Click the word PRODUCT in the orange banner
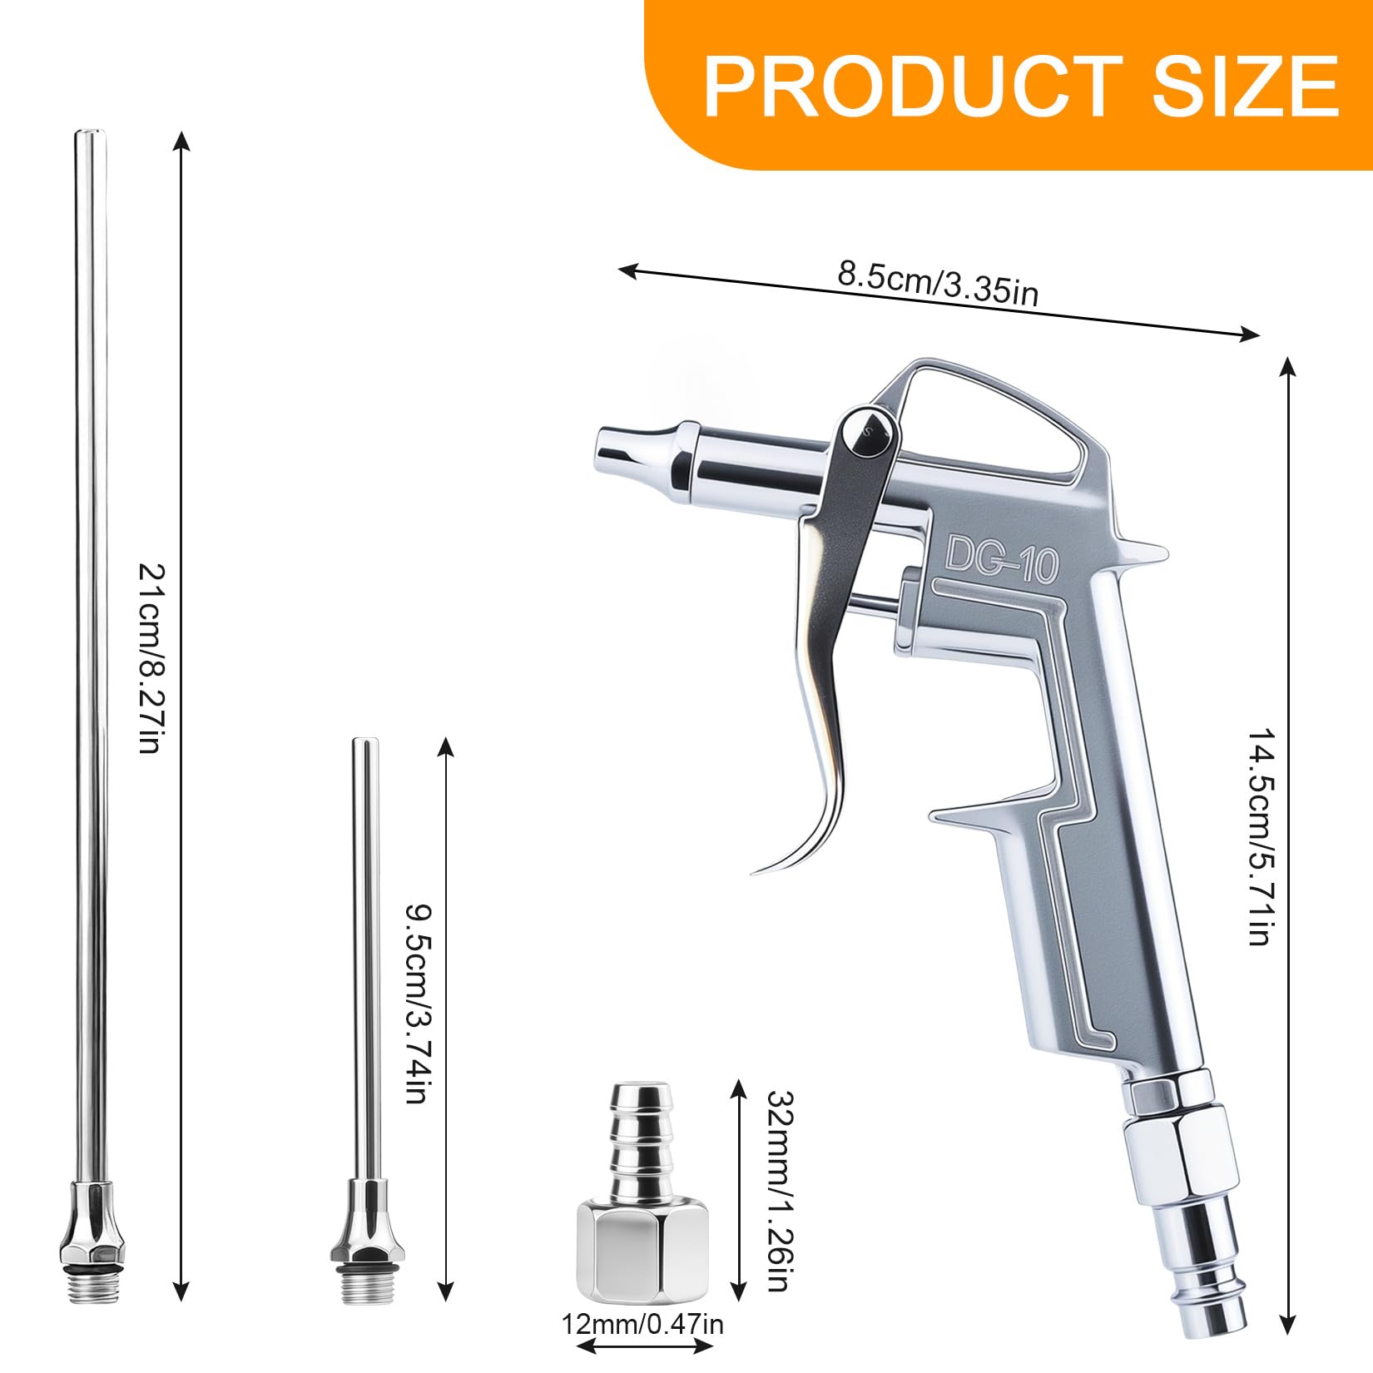pyautogui.click(x=912, y=86)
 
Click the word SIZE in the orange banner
pyautogui.click(x=1244, y=86)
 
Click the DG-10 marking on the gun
pyautogui.click(x=1002, y=558)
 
